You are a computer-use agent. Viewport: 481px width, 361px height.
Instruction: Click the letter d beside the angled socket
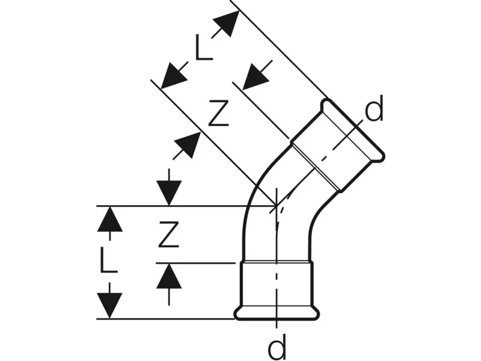tap(373, 111)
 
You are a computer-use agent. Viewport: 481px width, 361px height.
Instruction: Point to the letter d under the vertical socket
tap(276, 347)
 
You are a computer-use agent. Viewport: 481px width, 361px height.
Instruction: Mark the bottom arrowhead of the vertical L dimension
tap(109, 305)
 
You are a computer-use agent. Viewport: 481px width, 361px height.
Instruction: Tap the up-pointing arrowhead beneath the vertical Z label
tap(170, 276)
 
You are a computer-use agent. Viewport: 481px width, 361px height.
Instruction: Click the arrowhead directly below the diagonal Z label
tap(188, 145)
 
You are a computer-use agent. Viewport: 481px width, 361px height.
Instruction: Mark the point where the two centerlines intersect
tap(276, 206)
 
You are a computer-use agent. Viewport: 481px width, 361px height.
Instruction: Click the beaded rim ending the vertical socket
tap(276, 312)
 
